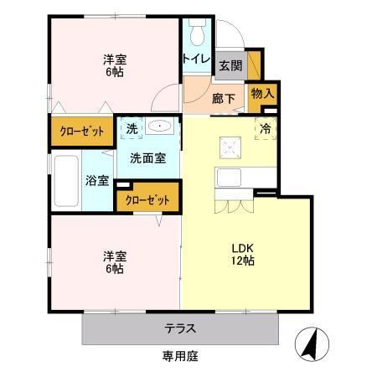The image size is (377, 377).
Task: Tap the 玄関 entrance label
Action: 230,66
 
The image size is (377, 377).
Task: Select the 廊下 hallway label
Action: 222,98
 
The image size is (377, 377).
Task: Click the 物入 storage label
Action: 262,94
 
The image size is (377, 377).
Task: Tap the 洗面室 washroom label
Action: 147,157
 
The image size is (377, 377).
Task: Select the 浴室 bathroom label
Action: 96,179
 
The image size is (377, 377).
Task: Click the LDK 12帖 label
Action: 243,253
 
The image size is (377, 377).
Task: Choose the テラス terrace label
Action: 181,328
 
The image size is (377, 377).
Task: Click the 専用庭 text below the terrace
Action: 180,357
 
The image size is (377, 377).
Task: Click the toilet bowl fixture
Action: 197,34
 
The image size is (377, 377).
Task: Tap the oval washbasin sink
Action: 161,127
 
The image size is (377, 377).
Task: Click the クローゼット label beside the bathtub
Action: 80,132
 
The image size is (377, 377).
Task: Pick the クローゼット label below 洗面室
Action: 148,200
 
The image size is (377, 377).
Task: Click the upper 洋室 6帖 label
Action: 115,65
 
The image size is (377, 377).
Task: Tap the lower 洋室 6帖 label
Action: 115,261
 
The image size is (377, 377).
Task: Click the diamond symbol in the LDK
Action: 228,147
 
